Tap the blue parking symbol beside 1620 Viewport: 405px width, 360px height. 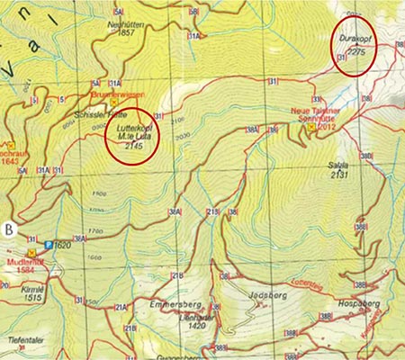49,243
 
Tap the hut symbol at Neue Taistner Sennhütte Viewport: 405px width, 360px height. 311,128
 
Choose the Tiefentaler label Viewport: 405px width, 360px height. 25,339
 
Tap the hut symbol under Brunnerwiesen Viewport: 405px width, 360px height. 114,102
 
